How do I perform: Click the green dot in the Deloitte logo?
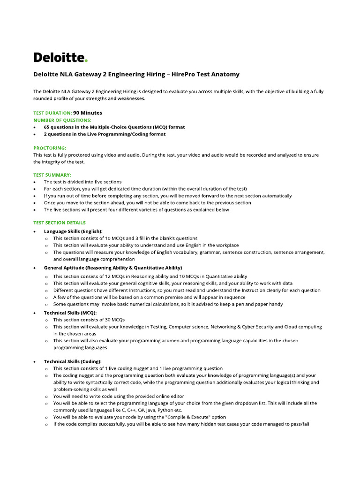click(x=86, y=61)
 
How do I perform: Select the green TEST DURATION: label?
click(x=52, y=113)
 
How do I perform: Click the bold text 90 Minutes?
click(x=88, y=113)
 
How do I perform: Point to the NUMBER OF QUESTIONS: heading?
click(x=62, y=120)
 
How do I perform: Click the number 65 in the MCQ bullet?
click(x=47, y=127)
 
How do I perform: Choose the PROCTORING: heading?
click(x=50, y=148)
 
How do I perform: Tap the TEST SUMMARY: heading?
click(x=52, y=175)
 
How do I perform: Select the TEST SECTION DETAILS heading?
click(x=59, y=223)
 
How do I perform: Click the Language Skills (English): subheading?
click(x=73, y=231)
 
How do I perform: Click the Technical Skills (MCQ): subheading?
click(x=70, y=312)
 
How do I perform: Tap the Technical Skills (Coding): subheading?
click(x=73, y=362)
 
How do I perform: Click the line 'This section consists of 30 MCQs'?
click(x=89, y=319)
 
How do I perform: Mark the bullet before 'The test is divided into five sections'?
click(x=35, y=182)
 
